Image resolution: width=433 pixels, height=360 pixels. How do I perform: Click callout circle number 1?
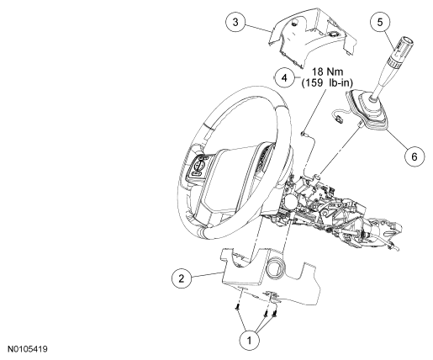pyautogui.click(x=250, y=341)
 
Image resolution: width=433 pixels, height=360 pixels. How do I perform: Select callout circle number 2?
pyautogui.click(x=182, y=278)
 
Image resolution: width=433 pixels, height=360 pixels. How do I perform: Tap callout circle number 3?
pyautogui.click(x=235, y=22)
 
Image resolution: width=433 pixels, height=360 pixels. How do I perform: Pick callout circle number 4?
pyautogui.click(x=284, y=77)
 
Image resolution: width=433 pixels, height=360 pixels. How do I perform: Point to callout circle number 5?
pyautogui.click(x=380, y=22)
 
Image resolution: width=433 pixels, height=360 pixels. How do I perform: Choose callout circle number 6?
pyautogui.click(x=415, y=156)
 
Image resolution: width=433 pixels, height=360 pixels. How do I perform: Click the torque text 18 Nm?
pyautogui.click(x=328, y=71)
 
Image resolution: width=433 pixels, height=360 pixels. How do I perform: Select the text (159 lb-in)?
pyautogui.click(x=327, y=83)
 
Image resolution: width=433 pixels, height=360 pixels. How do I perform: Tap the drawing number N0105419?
pyautogui.click(x=28, y=349)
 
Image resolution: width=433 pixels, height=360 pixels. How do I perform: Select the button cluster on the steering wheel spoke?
pyautogui.click(x=198, y=167)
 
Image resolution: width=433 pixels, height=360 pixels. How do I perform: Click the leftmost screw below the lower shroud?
pyautogui.click(x=237, y=308)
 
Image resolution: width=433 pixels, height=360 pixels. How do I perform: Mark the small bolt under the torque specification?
pyautogui.click(x=304, y=135)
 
